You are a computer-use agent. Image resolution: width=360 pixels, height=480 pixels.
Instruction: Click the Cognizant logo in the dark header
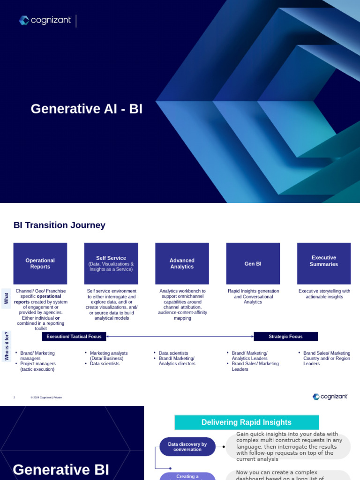(45, 20)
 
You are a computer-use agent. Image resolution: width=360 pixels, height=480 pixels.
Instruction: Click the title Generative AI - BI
(87, 109)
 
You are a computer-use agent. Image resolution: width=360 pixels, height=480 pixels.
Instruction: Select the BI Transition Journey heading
(60, 225)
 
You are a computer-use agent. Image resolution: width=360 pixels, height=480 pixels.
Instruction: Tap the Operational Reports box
(40, 263)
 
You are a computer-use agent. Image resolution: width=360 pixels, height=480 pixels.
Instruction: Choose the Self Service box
(111, 263)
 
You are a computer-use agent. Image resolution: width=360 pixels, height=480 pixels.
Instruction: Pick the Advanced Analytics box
(182, 263)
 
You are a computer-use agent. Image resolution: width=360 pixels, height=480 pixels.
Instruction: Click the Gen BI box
(253, 263)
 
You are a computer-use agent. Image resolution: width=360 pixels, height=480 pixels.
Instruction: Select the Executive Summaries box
(324, 263)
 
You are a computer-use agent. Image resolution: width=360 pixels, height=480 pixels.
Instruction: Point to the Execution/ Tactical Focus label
(74, 337)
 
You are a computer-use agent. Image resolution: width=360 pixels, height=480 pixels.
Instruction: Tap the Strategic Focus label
(285, 337)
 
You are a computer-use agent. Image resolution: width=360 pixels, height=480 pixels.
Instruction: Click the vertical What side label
(7, 299)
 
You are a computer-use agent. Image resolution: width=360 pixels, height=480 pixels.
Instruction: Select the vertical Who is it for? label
(7, 346)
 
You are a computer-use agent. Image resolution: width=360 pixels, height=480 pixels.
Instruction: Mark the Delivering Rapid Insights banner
(247, 422)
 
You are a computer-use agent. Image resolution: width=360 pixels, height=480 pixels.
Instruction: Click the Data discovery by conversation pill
(187, 447)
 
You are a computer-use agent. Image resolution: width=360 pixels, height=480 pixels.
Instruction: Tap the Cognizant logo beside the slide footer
(330, 397)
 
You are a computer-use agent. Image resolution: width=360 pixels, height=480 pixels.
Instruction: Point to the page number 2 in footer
(14, 397)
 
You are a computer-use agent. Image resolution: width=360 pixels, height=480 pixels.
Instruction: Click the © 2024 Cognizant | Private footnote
(46, 397)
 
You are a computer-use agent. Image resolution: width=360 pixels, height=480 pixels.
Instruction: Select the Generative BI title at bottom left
(61, 469)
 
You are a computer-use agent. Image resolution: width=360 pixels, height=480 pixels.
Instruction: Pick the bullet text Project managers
(38, 363)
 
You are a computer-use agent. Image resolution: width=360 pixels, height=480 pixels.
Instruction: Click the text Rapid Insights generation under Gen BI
(253, 291)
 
